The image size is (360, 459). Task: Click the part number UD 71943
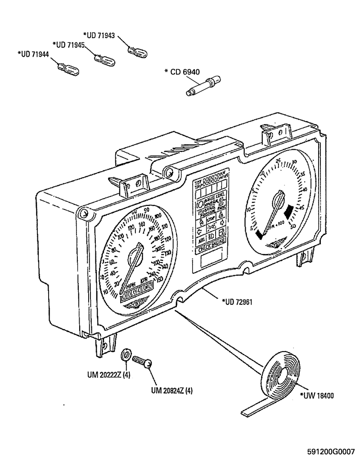(99, 35)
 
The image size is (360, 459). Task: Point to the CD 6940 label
(182, 71)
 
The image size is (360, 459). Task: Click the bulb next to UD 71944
(69, 70)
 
